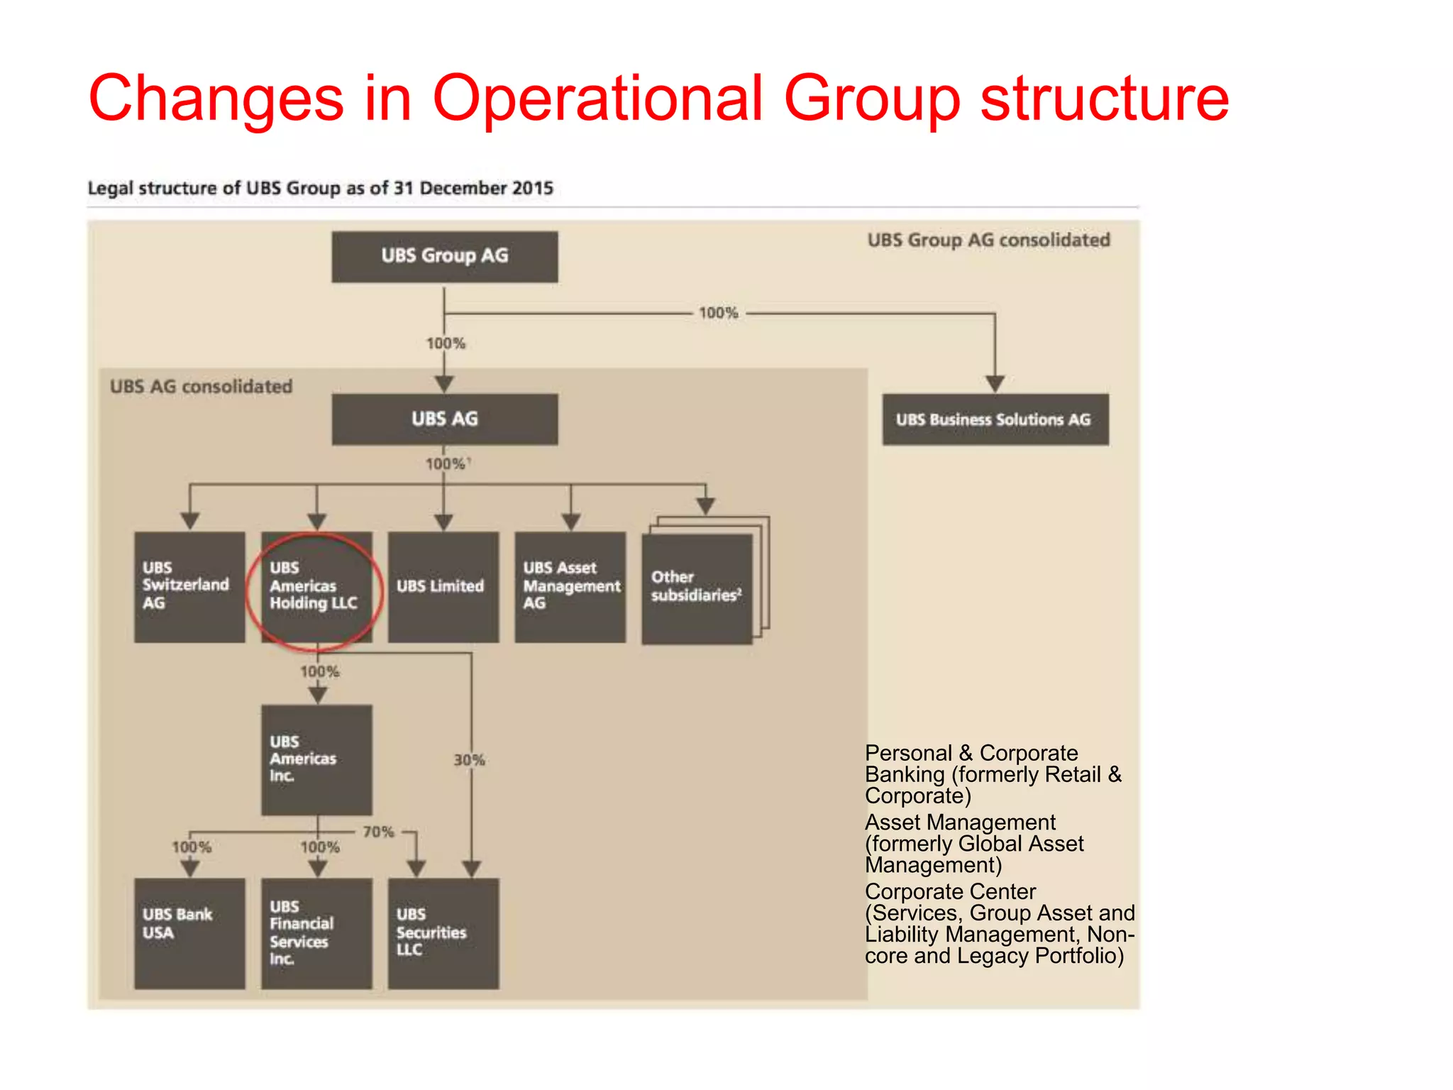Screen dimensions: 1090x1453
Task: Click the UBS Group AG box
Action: (x=444, y=257)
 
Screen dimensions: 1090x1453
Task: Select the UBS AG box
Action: (x=444, y=419)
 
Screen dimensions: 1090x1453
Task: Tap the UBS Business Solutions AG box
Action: (x=995, y=419)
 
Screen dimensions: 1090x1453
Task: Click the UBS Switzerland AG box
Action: (x=189, y=587)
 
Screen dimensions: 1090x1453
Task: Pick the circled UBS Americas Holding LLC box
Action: (x=316, y=587)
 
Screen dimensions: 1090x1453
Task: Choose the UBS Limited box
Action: (x=443, y=587)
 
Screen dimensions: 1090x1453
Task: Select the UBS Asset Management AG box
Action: (x=570, y=587)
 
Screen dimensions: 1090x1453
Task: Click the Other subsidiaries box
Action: (x=697, y=588)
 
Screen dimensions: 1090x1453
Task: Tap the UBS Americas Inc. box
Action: (x=316, y=759)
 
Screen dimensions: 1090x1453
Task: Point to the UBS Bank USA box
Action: (x=189, y=933)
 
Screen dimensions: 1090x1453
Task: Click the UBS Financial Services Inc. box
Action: (x=316, y=933)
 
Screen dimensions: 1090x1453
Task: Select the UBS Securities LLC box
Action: (x=443, y=933)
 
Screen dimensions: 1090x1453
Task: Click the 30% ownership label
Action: (x=469, y=760)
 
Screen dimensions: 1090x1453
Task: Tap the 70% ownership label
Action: (x=378, y=832)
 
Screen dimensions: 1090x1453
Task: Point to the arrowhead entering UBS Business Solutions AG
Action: (x=995, y=384)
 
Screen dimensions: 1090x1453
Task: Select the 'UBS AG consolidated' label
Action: (x=201, y=387)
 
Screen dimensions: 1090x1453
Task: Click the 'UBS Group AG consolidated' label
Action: (x=988, y=241)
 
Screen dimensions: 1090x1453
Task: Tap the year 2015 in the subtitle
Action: (x=532, y=188)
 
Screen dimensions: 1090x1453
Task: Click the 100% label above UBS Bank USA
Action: (x=192, y=847)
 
